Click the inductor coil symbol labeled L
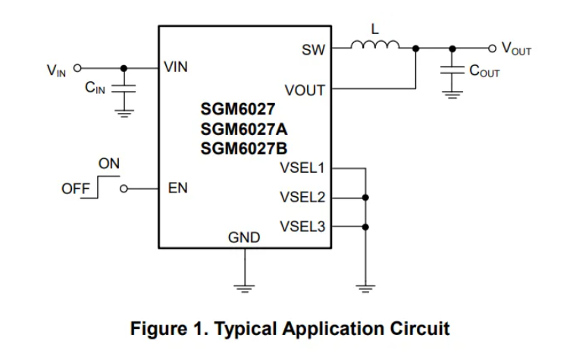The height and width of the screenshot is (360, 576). coord(374,45)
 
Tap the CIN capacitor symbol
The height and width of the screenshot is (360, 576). coord(124,89)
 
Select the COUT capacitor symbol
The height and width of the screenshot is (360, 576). coord(452,70)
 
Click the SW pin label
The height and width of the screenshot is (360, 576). coord(313,50)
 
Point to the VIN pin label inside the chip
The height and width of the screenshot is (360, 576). coord(176,67)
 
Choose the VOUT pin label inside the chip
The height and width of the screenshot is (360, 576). coord(305,90)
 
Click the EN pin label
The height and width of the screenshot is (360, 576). coord(178,188)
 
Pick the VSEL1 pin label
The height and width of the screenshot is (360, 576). coord(302,168)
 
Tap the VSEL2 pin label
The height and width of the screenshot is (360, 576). coord(302,197)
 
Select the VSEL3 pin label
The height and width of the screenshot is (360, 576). coord(302,227)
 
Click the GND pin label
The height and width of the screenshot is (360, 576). coord(244,238)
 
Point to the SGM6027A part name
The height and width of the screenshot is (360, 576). coord(244,130)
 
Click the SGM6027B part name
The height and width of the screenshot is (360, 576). coord(244,149)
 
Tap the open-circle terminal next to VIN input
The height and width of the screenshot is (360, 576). coord(77,68)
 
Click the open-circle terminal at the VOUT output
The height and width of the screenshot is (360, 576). coord(492,49)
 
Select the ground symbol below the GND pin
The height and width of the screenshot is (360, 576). coord(244,288)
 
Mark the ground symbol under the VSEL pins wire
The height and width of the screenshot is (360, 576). coord(365,288)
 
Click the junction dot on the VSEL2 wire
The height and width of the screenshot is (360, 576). coord(365,198)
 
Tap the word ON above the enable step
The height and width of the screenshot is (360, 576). coord(109,164)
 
